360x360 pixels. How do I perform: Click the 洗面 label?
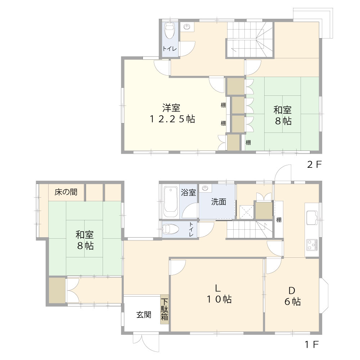coord(218,202)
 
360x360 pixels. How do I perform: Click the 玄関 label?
coord(143,315)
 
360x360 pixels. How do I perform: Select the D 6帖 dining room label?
coord(292,296)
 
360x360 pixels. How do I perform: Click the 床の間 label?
coord(66,192)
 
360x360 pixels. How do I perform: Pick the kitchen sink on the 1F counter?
coord(311,217)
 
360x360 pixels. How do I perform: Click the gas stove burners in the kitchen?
coord(312,245)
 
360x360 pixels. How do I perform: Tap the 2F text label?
coord(314,165)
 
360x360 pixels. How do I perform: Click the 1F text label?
coord(312,345)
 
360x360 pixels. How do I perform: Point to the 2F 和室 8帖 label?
coord(283,115)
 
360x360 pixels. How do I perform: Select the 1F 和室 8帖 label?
coord(85,240)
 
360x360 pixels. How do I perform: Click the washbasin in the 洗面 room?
coord(206,188)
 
